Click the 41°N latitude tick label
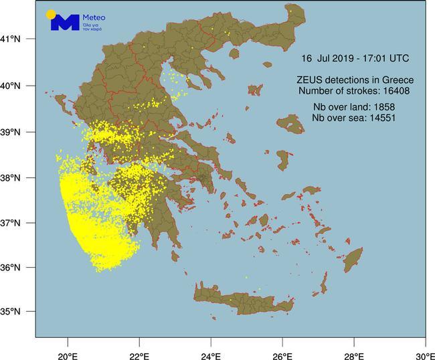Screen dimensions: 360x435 [16, 39]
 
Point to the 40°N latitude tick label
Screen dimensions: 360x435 [16, 86]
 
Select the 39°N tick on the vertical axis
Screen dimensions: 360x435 [16, 132]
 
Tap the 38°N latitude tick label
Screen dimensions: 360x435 [16, 179]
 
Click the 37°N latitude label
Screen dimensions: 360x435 [16, 223]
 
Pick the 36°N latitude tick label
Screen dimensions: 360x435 [16, 268]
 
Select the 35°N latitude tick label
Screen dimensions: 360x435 [16, 312]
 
